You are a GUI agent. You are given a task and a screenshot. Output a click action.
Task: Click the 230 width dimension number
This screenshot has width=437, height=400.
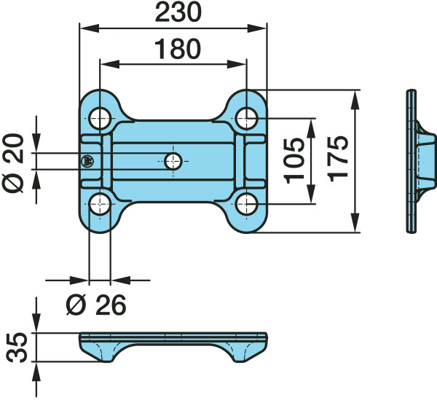pos(178,13)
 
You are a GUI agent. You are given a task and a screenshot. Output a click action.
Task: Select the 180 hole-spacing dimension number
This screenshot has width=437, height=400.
pos(178,49)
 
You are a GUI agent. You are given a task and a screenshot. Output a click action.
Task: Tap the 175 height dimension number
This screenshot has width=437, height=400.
pos(338,158)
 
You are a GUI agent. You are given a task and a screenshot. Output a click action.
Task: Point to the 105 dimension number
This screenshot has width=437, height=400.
pos(294,160)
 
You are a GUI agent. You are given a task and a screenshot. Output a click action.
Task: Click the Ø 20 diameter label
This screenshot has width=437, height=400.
pos(13,163)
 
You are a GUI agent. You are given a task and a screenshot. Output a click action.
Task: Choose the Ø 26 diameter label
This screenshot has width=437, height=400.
pos(96,305)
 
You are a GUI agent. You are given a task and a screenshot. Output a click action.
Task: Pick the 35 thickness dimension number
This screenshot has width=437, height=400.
pos(17,347)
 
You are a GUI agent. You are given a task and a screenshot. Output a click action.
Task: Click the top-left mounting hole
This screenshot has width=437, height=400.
pos(100,118)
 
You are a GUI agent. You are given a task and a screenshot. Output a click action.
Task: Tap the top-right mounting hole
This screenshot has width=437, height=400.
pos(246,118)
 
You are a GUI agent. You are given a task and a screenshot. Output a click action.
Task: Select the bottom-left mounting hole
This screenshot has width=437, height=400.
pos(100,204)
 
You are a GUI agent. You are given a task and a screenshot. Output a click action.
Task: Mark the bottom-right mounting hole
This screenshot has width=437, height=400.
pos(246,204)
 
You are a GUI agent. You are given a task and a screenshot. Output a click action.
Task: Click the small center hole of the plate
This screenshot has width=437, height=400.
pos(173,161)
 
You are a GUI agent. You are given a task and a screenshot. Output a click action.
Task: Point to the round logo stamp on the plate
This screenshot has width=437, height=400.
pos(87,162)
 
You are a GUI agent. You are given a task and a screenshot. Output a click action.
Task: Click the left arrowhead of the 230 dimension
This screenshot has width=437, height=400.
pos(89,28)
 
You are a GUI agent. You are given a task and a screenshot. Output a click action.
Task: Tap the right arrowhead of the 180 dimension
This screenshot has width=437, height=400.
pos(237,64)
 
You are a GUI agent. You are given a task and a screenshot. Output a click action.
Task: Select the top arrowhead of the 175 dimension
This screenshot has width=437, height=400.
pos(355,100)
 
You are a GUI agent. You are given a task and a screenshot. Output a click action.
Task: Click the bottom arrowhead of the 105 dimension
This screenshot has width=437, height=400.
pos(310,194)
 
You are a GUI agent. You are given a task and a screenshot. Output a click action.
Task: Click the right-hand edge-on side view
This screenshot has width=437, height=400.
pos(420,161)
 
